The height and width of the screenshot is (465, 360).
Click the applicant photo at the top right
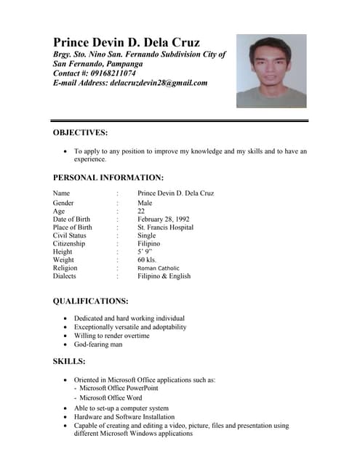pos(271,71)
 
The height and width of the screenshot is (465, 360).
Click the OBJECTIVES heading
pos(81,132)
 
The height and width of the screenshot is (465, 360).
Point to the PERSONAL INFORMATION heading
pos(108,177)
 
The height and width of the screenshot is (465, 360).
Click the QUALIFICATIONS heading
pos(91,301)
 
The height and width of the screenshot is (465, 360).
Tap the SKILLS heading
pos(69,361)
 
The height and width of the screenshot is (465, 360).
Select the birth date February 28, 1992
pos(164,219)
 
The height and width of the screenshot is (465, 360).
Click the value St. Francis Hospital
pos(166,227)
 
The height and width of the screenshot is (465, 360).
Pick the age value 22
pos(141,211)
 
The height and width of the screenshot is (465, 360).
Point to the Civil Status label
pos(70,235)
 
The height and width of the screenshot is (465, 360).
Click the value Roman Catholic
pos(158,268)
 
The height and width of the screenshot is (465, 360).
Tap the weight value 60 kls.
pos(147,259)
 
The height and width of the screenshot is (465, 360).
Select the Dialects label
pos(65,276)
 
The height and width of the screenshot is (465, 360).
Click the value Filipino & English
pos(164,276)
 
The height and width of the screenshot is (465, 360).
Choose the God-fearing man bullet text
pos(98,344)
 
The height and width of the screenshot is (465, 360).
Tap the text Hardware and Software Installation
pos(124,417)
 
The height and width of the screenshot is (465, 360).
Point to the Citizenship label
pos(70,243)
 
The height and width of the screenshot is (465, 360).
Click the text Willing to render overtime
pos(112,336)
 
